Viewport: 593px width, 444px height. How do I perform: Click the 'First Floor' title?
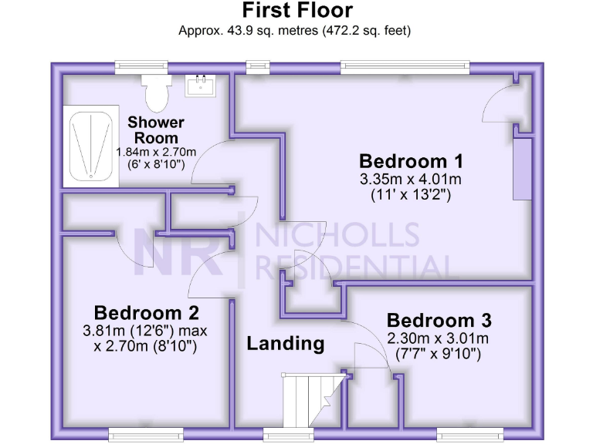297,11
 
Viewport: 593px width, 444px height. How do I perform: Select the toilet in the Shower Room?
158,92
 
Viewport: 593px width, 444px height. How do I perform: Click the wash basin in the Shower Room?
202,84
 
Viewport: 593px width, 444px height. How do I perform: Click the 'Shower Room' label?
156,129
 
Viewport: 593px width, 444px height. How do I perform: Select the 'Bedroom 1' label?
411,162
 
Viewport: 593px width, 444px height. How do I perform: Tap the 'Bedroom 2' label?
147,313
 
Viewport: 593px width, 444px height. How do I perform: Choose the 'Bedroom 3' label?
439,321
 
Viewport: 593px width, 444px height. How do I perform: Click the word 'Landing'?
285,344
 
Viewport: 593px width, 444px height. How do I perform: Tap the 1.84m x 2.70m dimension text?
156,152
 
